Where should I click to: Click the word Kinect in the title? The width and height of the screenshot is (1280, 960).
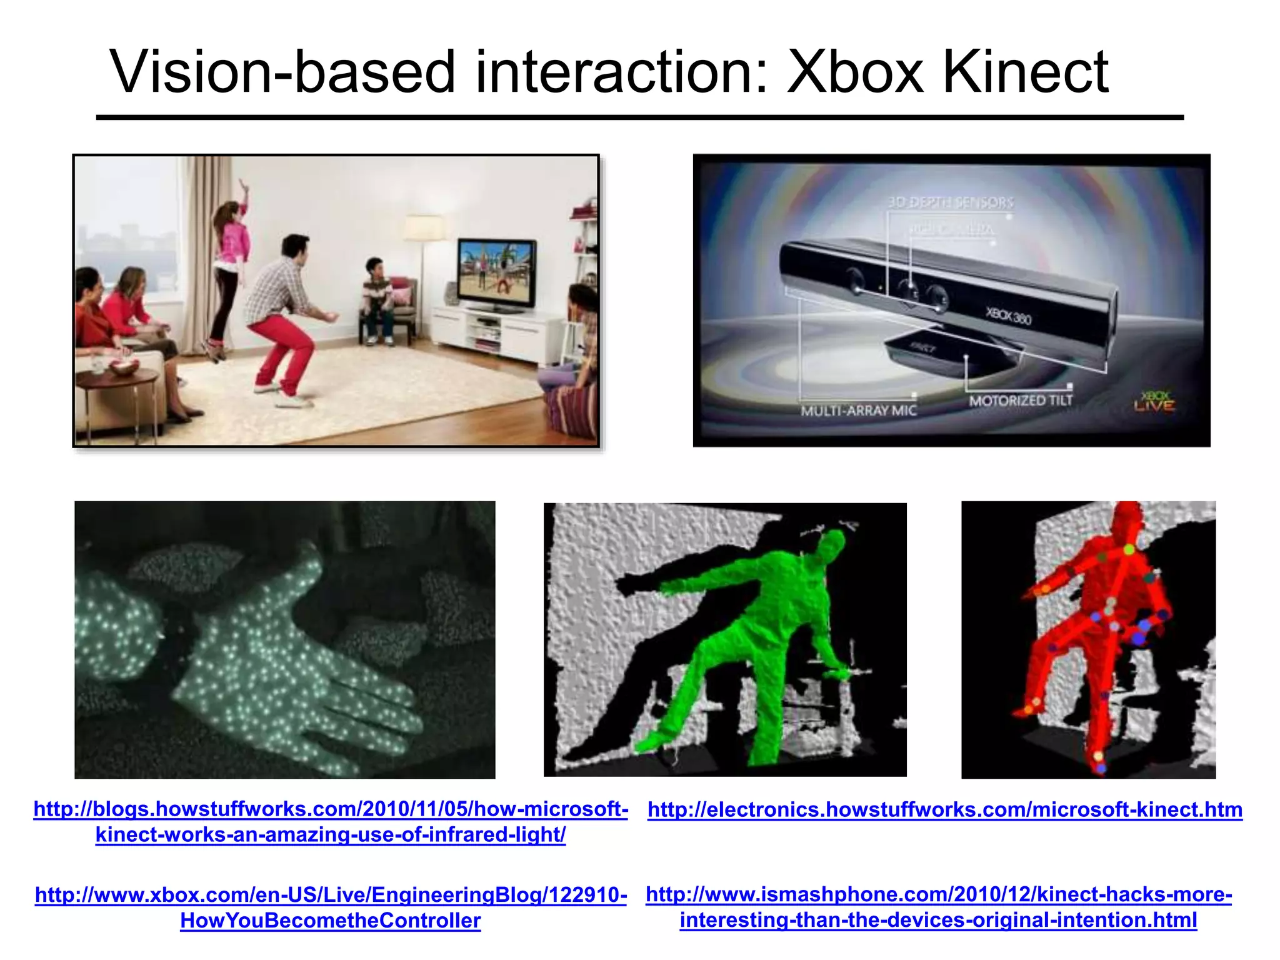coord(1025,72)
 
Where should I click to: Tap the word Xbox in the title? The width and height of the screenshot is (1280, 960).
coord(854,72)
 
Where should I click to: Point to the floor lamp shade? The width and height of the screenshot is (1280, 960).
coord(424,228)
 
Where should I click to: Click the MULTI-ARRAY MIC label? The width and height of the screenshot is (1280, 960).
coord(858,411)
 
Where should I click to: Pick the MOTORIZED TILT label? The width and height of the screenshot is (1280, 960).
coord(1020,401)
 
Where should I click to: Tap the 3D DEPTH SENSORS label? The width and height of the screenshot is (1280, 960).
coord(950,202)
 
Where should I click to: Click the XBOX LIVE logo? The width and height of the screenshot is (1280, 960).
coord(1154,402)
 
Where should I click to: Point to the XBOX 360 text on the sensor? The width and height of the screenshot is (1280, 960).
coord(1007,316)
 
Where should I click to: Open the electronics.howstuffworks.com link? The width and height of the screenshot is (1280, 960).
coord(944,810)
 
